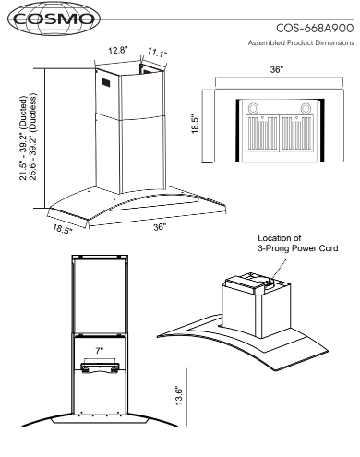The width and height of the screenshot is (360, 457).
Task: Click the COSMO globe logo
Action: pos(54,18)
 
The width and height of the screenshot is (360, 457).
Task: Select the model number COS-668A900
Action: pos(315,29)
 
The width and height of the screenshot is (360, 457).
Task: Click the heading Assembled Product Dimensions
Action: pos(301,42)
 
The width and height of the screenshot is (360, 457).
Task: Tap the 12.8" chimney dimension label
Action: pos(117,50)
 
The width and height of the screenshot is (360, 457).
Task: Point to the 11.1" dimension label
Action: pos(157,53)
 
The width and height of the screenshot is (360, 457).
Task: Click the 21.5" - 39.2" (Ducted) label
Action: pos(23,138)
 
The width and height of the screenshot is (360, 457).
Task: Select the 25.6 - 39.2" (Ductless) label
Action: pos(32,136)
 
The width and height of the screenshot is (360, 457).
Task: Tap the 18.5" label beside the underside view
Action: pos(196,125)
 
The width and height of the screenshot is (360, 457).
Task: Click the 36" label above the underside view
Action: pos(277,69)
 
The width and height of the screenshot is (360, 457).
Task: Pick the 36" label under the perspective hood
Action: pos(160,227)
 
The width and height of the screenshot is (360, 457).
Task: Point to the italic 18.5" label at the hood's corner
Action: pos(63,229)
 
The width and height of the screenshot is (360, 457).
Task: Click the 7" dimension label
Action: pos(99,351)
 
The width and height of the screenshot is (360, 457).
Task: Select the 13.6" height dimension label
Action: pos(179,395)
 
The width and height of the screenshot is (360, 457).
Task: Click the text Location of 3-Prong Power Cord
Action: pos(298,243)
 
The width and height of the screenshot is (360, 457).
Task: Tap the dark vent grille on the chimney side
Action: pos(106,82)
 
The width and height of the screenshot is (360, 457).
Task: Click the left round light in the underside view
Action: pos(254,108)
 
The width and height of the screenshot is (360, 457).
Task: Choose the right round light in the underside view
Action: pos(306,108)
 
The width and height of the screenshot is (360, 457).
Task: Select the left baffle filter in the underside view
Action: pos(262,134)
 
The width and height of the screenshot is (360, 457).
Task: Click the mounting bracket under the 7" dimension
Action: pos(100,367)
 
